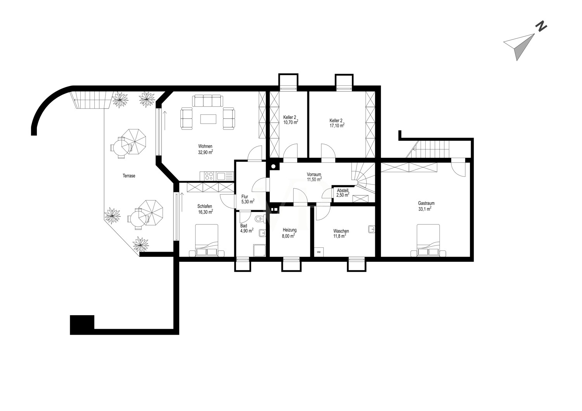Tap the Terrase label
click(129, 176)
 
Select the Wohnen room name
click(205, 146)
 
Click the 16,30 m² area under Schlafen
click(206, 212)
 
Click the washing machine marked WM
click(319, 252)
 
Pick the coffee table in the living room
click(208, 119)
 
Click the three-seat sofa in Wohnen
click(208, 100)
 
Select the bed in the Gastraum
click(428, 240)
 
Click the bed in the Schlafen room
click(206, 240)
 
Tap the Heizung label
click(289, 230)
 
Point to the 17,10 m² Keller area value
click(337, 126)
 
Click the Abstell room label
click(343, 190)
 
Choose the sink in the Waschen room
click(372, 229)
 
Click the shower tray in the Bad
click(260, 250)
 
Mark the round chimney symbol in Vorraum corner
click(273, 167)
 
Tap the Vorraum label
click(314, 174)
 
